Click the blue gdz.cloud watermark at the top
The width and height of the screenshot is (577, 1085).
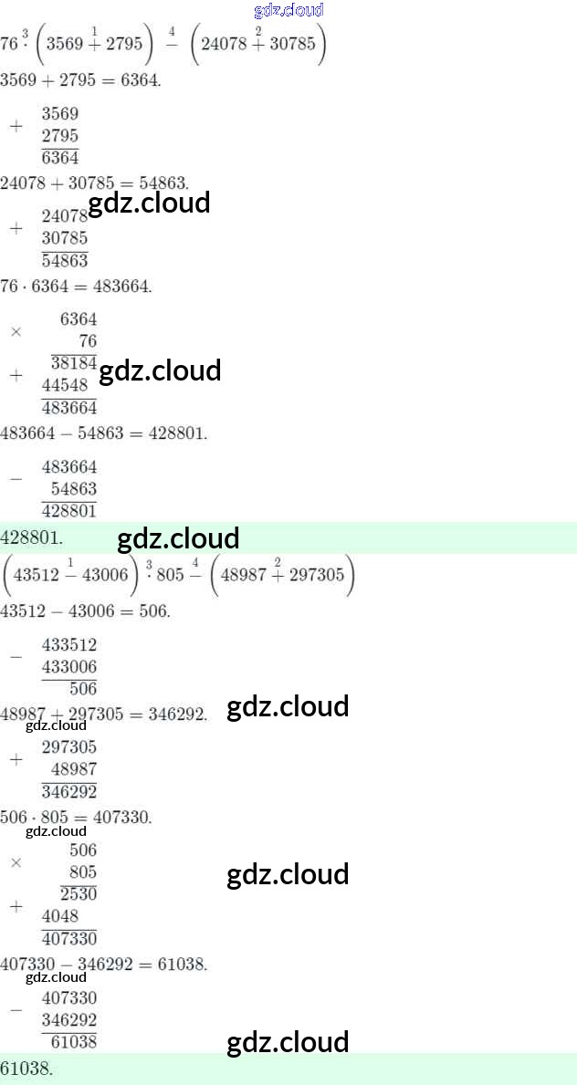pos(288,10)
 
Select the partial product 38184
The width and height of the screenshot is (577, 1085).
pos(73,363)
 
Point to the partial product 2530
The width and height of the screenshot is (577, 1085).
pos(79,893)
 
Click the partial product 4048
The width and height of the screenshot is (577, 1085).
pos(60,916)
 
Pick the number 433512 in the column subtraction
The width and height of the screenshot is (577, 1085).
pos(69,645)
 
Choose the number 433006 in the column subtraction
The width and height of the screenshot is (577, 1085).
pos(69,666)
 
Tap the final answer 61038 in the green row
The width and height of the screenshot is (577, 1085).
pos(27,1069)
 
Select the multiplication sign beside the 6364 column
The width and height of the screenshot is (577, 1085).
pos(16,331)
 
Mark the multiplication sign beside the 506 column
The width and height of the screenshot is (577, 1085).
pos(16,862)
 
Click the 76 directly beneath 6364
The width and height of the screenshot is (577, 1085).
pos(88,341)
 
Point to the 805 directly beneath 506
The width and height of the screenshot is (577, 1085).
pos(83,871)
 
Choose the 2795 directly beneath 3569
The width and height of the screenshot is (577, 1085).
pos(60,136)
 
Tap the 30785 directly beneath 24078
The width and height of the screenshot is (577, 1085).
pos(65,239)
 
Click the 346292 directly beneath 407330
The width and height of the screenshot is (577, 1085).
pos(69,1020)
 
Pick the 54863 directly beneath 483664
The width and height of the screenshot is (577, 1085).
pos(74,488)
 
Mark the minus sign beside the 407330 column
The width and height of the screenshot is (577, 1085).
pos(16,1009)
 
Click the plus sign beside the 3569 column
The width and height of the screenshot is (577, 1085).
pos(16,126)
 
